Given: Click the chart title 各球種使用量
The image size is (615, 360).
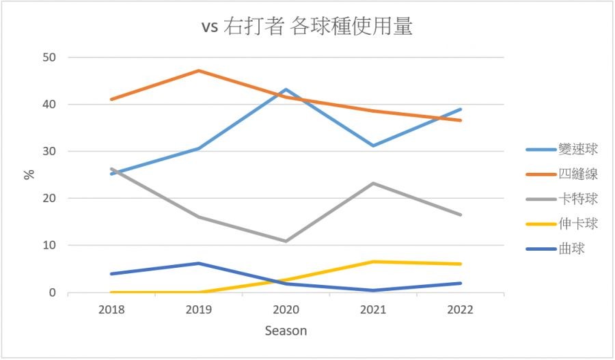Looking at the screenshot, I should point(307,27).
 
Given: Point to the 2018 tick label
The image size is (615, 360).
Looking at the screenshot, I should point(111,309).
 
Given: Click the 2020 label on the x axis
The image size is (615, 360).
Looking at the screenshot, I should point(286,309).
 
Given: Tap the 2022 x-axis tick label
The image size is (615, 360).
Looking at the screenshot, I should point(460,309).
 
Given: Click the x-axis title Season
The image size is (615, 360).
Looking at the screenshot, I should point(286,331).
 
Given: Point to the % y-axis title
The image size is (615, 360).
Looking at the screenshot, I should point(29,174).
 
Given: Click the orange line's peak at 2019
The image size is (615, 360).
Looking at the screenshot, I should point(199,70).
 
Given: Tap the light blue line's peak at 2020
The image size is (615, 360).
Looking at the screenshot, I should point(286,89).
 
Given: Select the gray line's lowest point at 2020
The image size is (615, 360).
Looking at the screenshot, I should point(286,241).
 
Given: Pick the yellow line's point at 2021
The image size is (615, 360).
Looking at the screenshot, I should point(373,262).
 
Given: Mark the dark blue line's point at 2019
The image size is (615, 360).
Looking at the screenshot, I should point(199,263).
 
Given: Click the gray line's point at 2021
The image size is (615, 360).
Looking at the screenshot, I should point(373,183).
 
